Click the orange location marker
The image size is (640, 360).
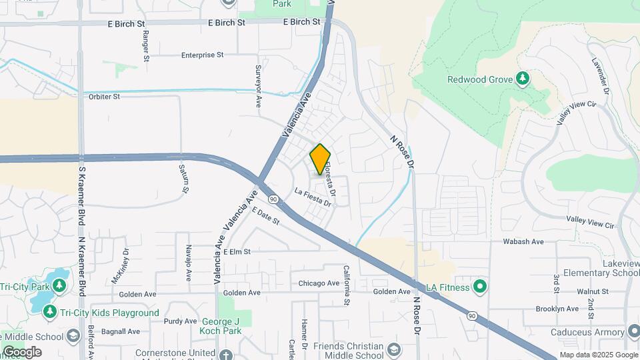point(320,159)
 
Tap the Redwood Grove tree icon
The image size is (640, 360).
point(523,79)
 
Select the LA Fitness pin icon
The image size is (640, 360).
point(479,287)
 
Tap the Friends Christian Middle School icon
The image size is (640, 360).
point(394,351)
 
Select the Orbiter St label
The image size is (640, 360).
point(103,97)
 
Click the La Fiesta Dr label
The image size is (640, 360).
point(313,198)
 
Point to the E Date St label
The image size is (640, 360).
point(265,216)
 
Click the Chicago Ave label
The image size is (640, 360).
point(319,283)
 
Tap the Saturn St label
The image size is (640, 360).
point(183,178)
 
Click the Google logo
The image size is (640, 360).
point(22,352)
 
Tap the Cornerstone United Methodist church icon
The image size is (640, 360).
point(226,354)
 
